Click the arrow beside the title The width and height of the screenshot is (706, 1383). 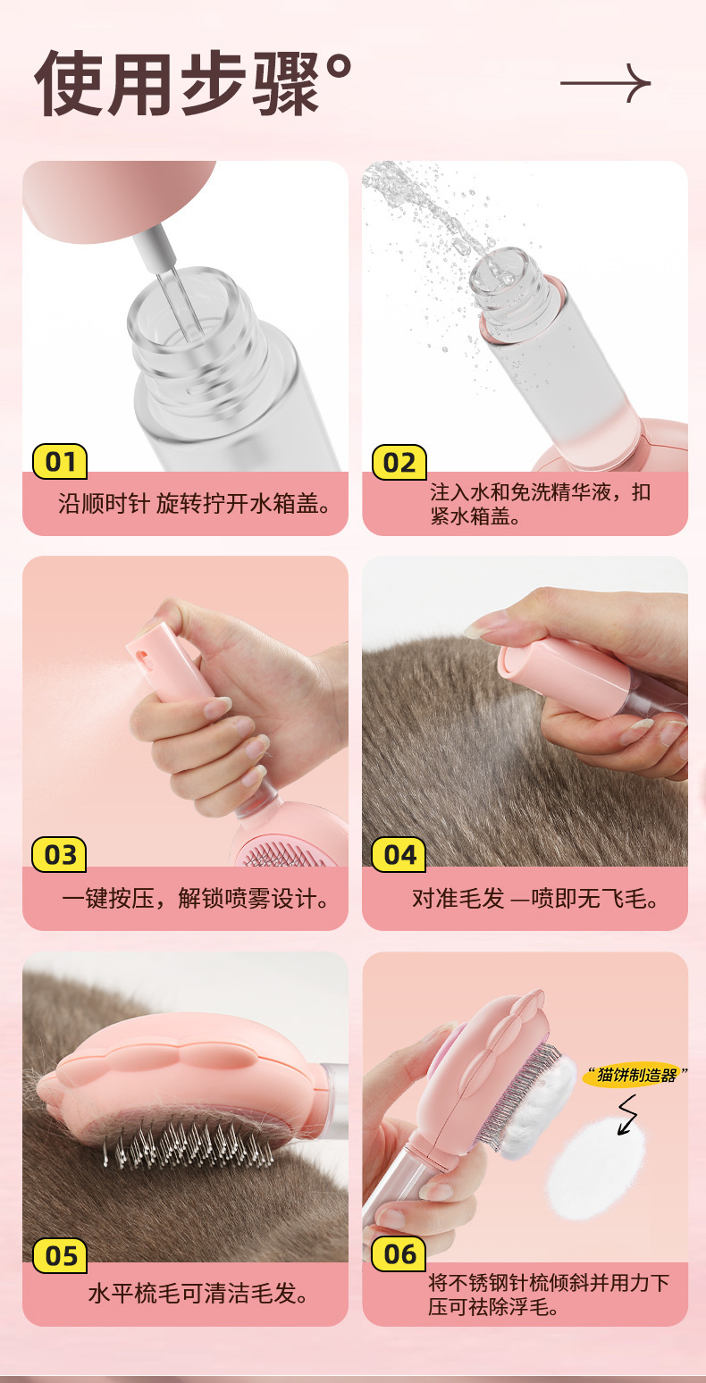click(605, 83)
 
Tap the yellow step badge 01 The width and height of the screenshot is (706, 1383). click(60, 462)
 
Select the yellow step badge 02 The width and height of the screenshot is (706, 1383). click(399, 462)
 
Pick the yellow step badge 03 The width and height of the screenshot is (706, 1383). click(60, 855)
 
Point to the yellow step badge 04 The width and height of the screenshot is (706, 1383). click(399, 855)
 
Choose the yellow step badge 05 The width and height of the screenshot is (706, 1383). click(60, 1256)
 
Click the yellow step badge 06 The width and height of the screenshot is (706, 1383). click(399, 1254)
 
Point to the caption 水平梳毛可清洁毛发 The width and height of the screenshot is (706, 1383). click(198, 1293)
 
